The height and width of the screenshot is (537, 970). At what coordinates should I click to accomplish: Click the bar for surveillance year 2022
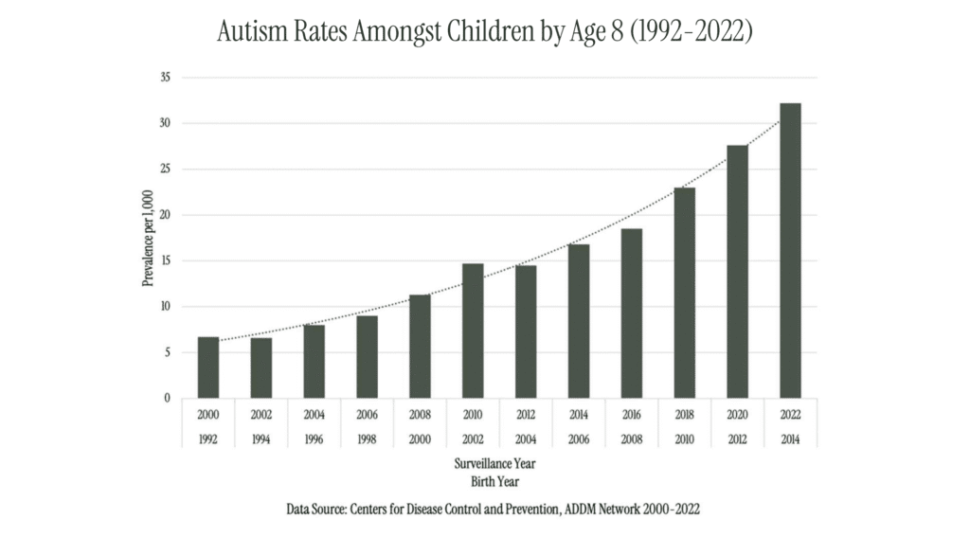pos(790,251)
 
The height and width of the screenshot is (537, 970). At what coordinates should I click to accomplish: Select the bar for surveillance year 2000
pos(208,367)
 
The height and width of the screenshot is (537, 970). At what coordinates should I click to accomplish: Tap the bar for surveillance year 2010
pos(473,331)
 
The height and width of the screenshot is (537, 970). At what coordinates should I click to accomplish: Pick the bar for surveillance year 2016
pos(631,313)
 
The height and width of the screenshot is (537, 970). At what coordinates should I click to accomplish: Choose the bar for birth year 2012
pos(737,272)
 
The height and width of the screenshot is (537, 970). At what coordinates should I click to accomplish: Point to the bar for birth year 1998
pos(367,357)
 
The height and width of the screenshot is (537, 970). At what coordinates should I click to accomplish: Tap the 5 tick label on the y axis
pos(166,352)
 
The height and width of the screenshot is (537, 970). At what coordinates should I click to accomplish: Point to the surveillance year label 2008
pos(420,414)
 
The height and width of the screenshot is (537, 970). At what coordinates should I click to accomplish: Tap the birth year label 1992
pos(208,439)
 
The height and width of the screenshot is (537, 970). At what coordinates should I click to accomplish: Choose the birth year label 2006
pos(578,439)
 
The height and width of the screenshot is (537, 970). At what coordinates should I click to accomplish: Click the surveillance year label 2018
pos(684,414)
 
